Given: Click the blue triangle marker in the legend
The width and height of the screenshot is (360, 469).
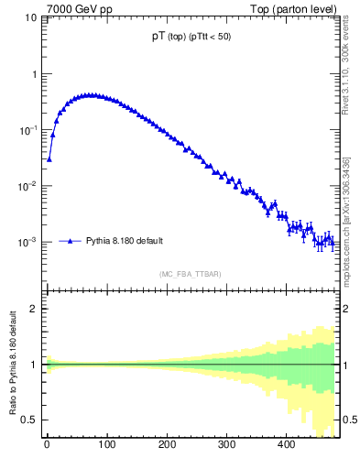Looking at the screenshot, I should click(71, 242).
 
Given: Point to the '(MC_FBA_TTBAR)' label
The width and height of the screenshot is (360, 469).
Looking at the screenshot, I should click(190, 275).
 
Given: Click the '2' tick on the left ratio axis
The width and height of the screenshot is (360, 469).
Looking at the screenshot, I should click(33, 309).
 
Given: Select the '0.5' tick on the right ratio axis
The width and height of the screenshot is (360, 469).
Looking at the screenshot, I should click(349, 420).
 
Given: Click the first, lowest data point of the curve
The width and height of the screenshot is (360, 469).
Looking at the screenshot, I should click(49, 158).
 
